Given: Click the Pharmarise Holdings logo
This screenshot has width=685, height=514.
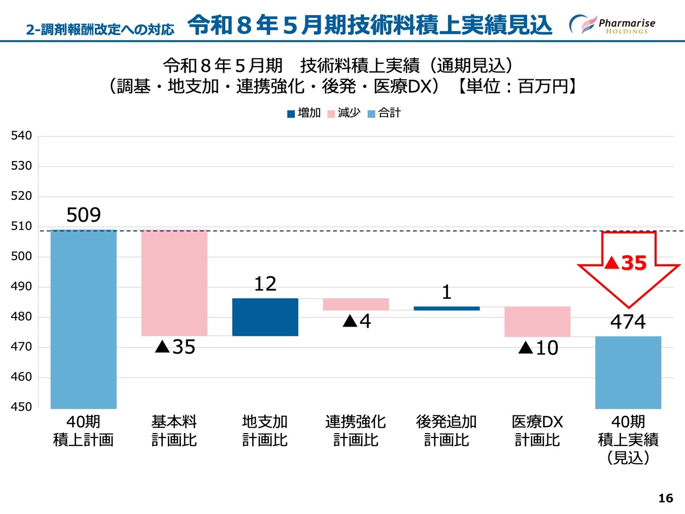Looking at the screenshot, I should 612,25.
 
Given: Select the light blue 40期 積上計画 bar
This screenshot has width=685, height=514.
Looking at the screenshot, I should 83,319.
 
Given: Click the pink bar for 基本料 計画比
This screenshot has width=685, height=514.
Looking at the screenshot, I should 174,283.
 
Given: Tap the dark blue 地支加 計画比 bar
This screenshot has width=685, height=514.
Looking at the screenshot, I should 265,317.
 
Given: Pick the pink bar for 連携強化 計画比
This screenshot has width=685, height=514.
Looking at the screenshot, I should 356,304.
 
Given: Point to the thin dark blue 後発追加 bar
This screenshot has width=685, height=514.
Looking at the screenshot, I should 446,308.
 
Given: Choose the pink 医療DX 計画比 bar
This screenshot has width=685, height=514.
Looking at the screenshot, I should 537,322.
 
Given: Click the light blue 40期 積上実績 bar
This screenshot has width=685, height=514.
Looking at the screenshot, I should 628,373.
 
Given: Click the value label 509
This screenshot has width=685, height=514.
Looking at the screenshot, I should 83,215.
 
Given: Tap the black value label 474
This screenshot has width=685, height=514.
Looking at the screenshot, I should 628,322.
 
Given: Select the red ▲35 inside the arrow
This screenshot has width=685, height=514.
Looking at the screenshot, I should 626,263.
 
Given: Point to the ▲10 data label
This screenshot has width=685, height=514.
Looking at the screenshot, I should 538,348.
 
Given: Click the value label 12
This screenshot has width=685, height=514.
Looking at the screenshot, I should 265,284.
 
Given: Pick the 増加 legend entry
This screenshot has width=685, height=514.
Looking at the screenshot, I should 304,113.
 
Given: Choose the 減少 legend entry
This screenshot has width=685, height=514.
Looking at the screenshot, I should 344,113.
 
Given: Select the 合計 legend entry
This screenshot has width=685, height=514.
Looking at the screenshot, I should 384,113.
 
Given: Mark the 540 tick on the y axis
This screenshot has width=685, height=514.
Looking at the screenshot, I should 21,135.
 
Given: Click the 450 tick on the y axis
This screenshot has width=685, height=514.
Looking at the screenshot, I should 21,407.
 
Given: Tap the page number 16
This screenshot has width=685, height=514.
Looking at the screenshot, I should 665,498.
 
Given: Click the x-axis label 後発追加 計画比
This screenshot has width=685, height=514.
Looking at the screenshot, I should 446,431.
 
